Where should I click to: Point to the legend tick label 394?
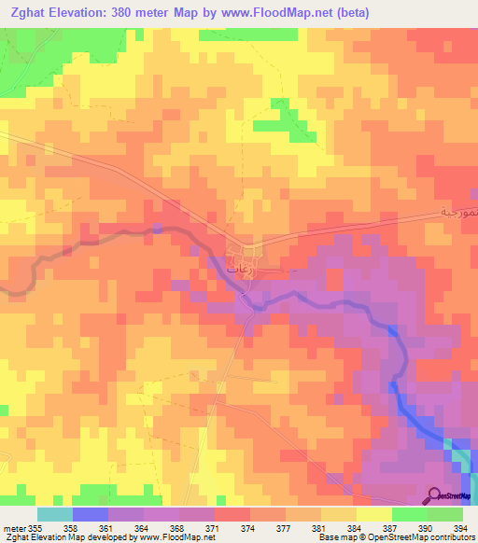pos(461,527)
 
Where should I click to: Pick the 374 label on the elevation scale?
pos(248,527)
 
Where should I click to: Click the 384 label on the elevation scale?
pos(355,527)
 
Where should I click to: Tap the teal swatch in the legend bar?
pos(55,514)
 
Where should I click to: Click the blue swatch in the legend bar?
pos(91,514)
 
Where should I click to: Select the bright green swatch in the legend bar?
pos(410,514)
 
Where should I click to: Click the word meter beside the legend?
pos(14,527)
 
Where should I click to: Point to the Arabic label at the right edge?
pos(458,212)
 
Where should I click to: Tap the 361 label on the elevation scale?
pos(106,527)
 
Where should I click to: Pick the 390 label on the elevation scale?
pos(426,527)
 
